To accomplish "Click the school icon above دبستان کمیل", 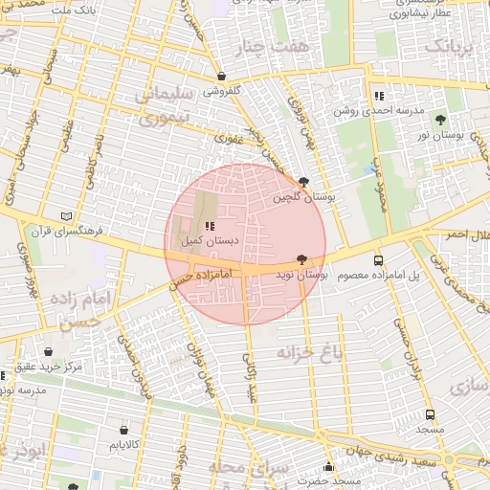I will coord(210,226).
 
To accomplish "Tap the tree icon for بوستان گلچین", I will coord(303,182).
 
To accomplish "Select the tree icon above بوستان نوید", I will coord(302,258).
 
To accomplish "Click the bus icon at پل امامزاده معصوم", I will coord(378,260).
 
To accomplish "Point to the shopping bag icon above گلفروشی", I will coord(222,76).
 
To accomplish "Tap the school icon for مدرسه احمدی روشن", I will coord(380,96).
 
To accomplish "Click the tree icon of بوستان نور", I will coord(440,121).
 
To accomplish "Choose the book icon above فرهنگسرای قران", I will coord(66,216).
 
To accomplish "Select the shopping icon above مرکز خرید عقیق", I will coord(49,351).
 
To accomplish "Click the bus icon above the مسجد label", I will coord(430,414).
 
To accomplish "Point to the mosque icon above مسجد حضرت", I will coord(329,467).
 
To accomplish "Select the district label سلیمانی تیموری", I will coord(164,107).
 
